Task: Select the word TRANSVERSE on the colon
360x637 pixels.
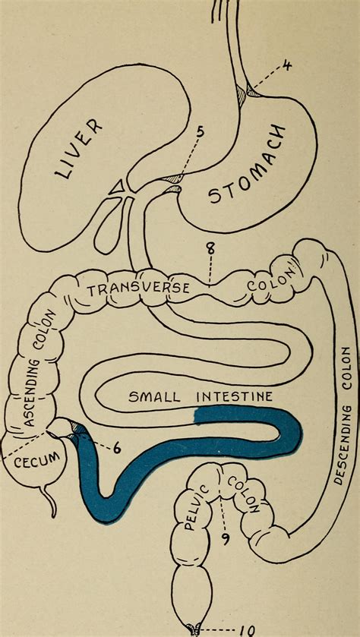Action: [x=138, y=289]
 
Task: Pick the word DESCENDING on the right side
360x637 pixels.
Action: [x=341, y=430]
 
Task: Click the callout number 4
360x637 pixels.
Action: [x=287, y=65]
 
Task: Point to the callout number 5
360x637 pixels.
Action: [x=201, y=132]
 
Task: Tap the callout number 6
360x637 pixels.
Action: [x=117, y=450]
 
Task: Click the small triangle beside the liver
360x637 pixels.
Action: [x=118, y=186]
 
